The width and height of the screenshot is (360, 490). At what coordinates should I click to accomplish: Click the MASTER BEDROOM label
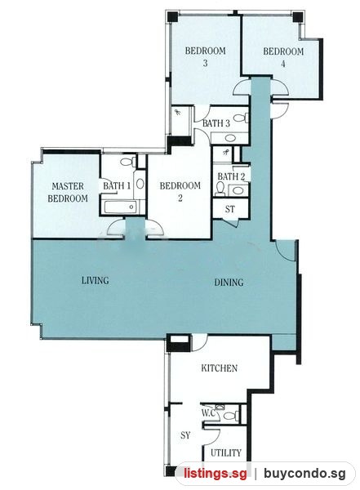point(68,192)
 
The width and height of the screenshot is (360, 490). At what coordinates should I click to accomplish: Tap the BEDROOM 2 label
point(180,192)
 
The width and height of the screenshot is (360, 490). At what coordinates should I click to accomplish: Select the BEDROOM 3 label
point(206,56)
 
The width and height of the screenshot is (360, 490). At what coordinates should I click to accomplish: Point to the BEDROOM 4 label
point(283,57)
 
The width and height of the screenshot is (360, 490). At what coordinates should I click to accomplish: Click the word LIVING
point(96,280)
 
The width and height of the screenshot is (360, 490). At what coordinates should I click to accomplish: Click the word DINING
point(229,283)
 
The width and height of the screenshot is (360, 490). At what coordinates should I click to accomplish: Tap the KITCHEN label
point(219,368)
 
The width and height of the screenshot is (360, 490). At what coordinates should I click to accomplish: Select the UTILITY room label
point(226,452)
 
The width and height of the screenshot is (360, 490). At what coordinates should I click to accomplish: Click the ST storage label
point(230,209)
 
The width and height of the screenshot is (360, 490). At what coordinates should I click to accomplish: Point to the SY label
point(185,435)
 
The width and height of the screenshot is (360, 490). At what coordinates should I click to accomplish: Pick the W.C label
point(208,413)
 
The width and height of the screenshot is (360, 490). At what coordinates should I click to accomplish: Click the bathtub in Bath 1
point(120,207)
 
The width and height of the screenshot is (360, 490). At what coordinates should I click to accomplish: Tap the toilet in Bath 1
point(128,162)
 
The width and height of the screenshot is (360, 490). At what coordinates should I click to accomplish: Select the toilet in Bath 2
point(220,189)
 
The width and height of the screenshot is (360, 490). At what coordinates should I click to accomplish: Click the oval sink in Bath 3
point(231,138)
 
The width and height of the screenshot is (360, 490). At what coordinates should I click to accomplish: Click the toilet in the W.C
point(231,416)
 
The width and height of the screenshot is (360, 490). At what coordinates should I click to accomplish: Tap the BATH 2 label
point(231,176)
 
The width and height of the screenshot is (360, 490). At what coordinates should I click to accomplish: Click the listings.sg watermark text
point(216,474)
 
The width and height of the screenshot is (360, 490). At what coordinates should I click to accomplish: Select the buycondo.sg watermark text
point(304,474)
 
